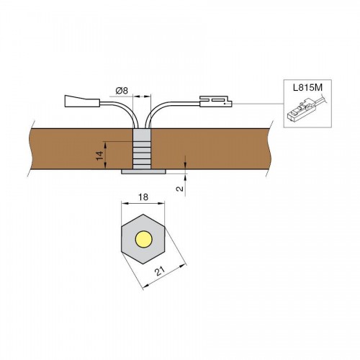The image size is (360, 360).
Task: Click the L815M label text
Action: [x=307, y=88]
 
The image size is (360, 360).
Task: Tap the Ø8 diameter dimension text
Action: [x=122, y=91]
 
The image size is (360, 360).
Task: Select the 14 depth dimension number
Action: [x=100, y=156]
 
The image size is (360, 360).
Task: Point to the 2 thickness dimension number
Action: [x=179, y=189]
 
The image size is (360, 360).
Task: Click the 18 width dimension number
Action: [x=143, y=197]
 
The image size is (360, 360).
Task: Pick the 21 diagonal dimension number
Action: [x=160, y=271]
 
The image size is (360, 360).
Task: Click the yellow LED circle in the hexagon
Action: [x=143, y=239]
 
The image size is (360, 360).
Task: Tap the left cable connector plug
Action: [x=82, y=101]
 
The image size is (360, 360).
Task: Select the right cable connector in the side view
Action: [x=216, y=102]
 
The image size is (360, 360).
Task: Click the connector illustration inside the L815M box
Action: [x=305, y=110]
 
